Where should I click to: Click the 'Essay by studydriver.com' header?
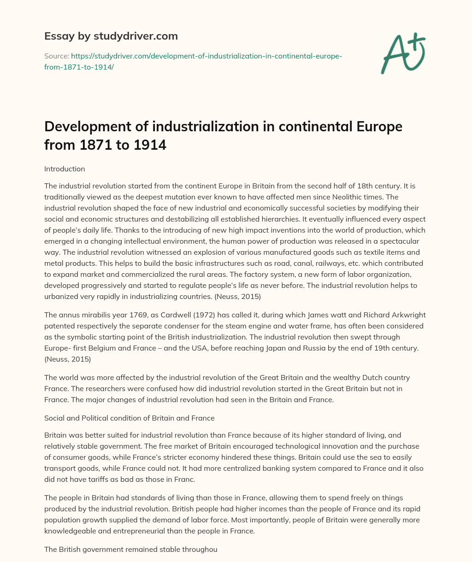click(111, 36)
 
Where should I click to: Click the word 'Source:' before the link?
click(56, 56)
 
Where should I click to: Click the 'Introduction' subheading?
click(65, 169)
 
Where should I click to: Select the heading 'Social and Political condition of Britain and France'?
click(129, 418)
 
